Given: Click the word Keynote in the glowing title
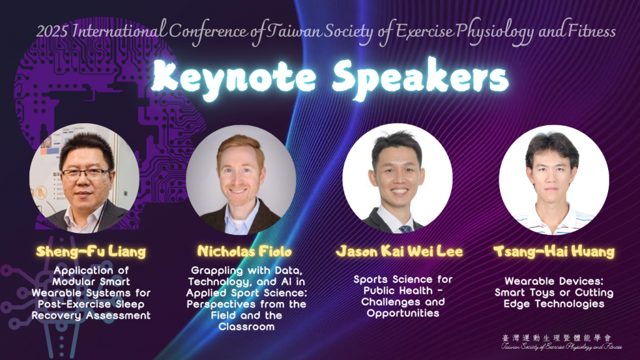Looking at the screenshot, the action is tap(234, 77).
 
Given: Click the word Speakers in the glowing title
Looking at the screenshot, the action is tap(421, 78).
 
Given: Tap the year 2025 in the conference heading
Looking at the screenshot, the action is tap(52, 31).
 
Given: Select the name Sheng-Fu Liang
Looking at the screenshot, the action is tap(91, 251).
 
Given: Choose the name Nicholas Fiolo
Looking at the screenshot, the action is tap(244, 251).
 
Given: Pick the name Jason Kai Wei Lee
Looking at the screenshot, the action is tap(399, 251).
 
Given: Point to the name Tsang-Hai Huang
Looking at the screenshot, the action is tap(554, 251).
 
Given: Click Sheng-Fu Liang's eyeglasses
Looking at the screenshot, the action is tap(86, 174).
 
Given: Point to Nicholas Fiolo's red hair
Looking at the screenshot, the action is tap(240, 145).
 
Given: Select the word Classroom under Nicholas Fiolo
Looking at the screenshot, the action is tap(246, 326).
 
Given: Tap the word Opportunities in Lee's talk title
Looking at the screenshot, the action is tap(403, 314).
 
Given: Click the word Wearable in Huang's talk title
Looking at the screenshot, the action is tap(526, 281).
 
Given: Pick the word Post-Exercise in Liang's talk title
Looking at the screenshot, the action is tap(74, 304).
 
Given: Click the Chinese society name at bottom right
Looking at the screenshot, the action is tap(557, 338).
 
